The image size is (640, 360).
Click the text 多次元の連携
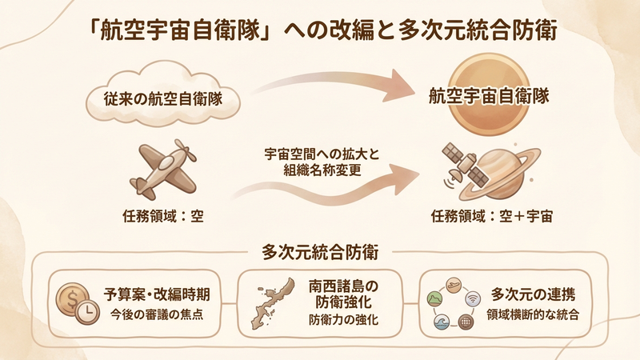pyautogui.click(x=532, y=292)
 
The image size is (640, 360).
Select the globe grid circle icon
pyautogui.click(x=467, y=323)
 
